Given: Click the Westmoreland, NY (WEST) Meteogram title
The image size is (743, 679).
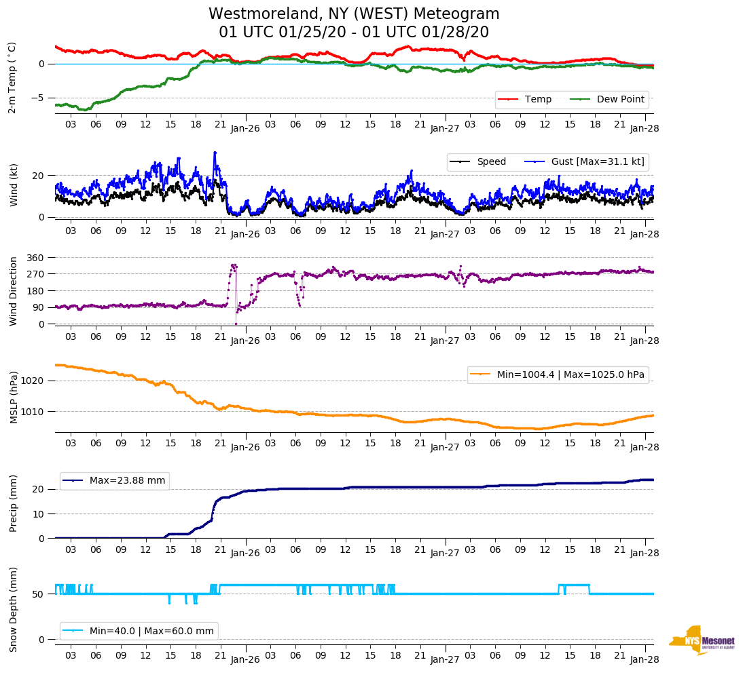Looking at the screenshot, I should (x=354, y=14).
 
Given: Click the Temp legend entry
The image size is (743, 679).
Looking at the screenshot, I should (x=537, y=100).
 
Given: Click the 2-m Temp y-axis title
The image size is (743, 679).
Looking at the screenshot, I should (x=12, y=77).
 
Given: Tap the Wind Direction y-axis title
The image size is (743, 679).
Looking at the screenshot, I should (x=13, y=291).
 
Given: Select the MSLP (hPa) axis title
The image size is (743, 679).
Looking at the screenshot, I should (x=13, y=397).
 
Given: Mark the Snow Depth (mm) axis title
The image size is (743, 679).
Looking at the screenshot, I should (x=13, y=609).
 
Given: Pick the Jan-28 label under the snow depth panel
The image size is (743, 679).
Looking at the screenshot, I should (x=645, y=659).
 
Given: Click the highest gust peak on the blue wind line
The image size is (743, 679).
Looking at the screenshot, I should (x=215, y=153).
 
